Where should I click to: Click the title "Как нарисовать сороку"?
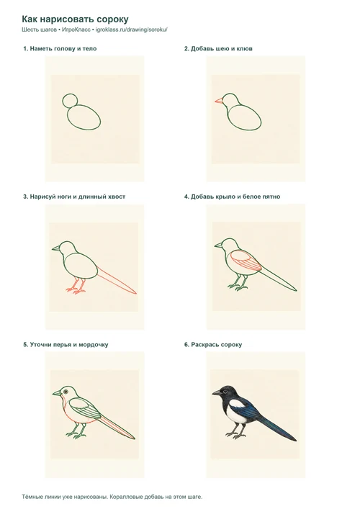(x=75, y=19)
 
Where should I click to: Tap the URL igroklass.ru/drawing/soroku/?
(x=132, y=30)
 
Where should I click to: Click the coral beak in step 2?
(x=219, y=101)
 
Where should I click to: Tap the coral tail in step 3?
(x=117, y=281)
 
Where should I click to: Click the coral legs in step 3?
(x=76, y=286)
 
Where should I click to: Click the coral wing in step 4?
(x=246, y=261)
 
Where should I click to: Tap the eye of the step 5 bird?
(x=66, y=391)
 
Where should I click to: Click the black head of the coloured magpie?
(x=227, y=392)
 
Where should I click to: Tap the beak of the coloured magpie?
(x=216, y=393)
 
